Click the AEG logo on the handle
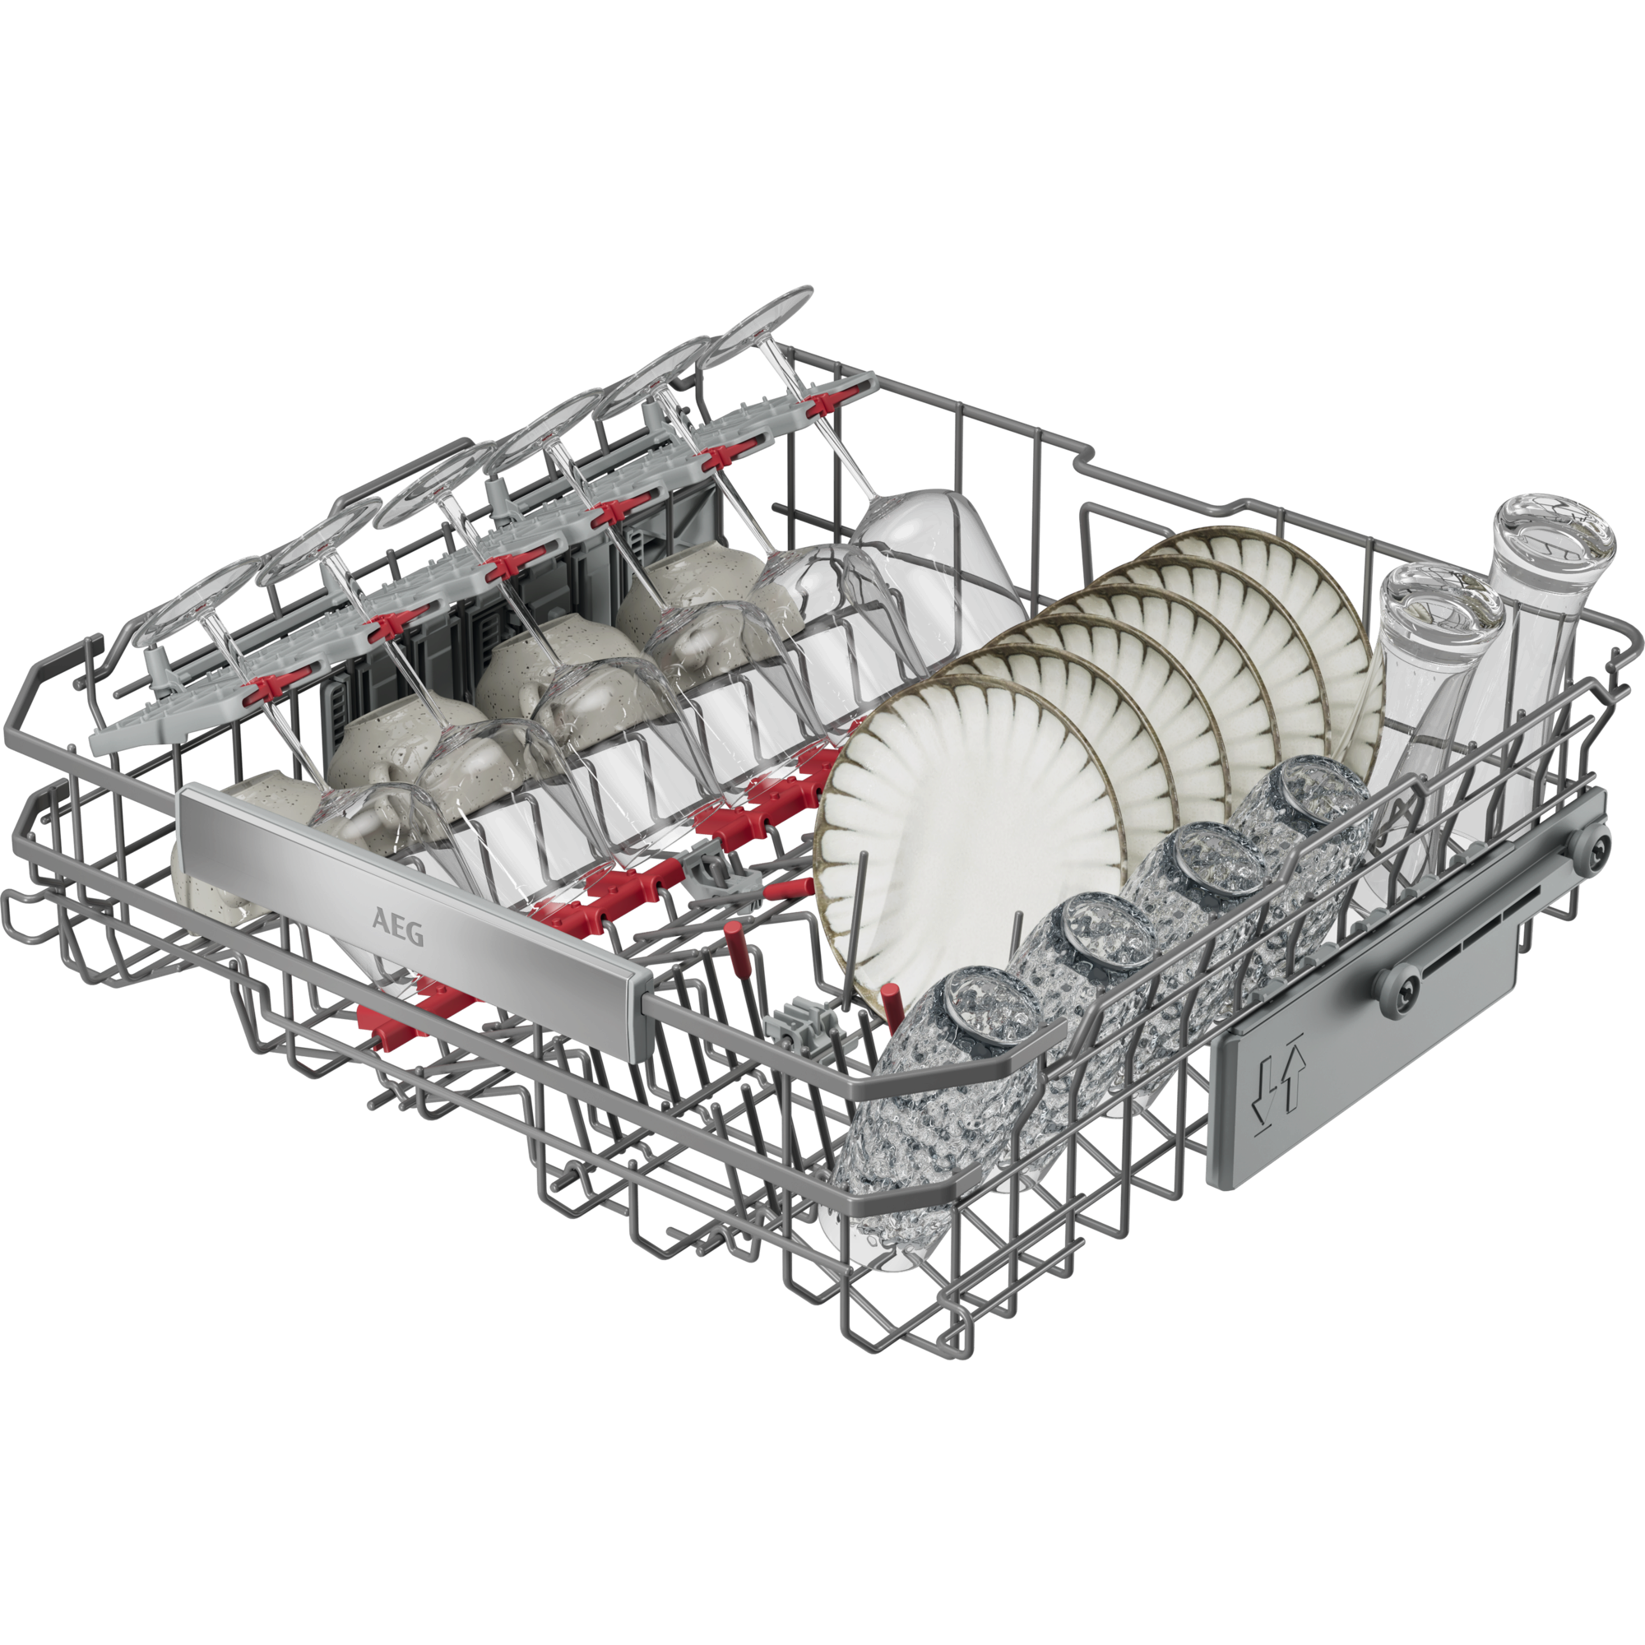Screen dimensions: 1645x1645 (397, 927)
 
